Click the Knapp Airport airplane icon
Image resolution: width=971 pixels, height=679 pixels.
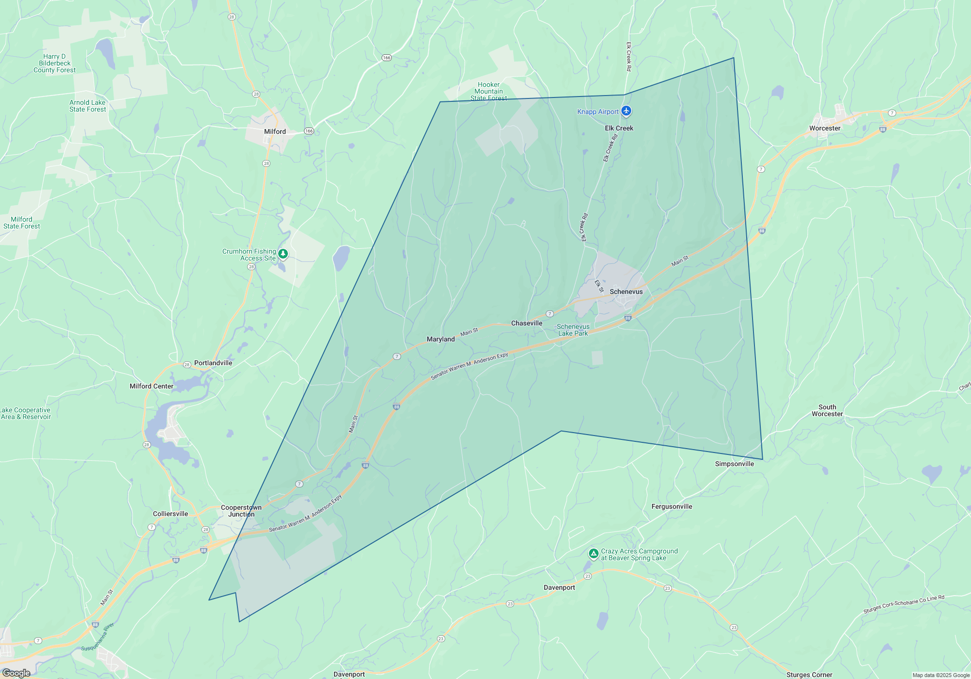click(626, 111)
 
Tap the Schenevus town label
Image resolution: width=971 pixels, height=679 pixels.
click(626, 291)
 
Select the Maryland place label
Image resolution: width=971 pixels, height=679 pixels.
click(440, 339)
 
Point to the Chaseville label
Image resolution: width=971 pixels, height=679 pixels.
click(526, 323)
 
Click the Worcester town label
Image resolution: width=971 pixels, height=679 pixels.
click(824, 128)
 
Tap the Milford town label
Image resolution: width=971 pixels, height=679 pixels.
click(275, 131)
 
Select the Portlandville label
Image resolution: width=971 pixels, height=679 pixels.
click(213, 363)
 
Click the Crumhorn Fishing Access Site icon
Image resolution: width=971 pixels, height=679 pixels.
click(283, 254)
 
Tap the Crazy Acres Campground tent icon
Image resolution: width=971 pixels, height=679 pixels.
click(593, 553)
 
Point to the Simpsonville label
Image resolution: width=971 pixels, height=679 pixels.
click(734, 464)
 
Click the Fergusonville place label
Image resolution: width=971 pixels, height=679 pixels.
click(671, 506)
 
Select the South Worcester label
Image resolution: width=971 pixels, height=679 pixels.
click(827, 410)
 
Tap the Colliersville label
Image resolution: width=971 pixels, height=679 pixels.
click(170, 514)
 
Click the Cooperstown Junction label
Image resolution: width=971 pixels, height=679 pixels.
click(241, 511)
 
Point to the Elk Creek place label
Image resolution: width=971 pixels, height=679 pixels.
click(619, 128)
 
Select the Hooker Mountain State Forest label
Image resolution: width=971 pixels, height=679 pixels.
click(488, 91)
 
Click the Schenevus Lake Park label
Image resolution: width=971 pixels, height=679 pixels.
click(573, 330)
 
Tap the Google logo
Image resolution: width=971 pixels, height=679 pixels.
click(16, 673)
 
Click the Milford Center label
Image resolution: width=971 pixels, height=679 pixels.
click(151, 386)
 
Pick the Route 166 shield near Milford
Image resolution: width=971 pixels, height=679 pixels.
click(309, 131)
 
